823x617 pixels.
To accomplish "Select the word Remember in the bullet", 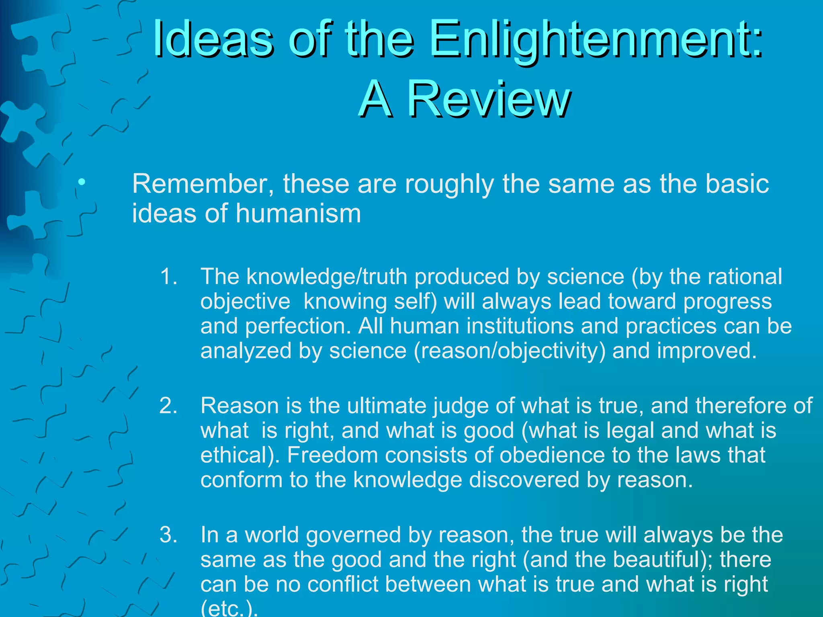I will [203, 184].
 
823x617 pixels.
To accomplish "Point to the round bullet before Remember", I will [82, 183].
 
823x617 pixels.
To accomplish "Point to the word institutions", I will [482, 326].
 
